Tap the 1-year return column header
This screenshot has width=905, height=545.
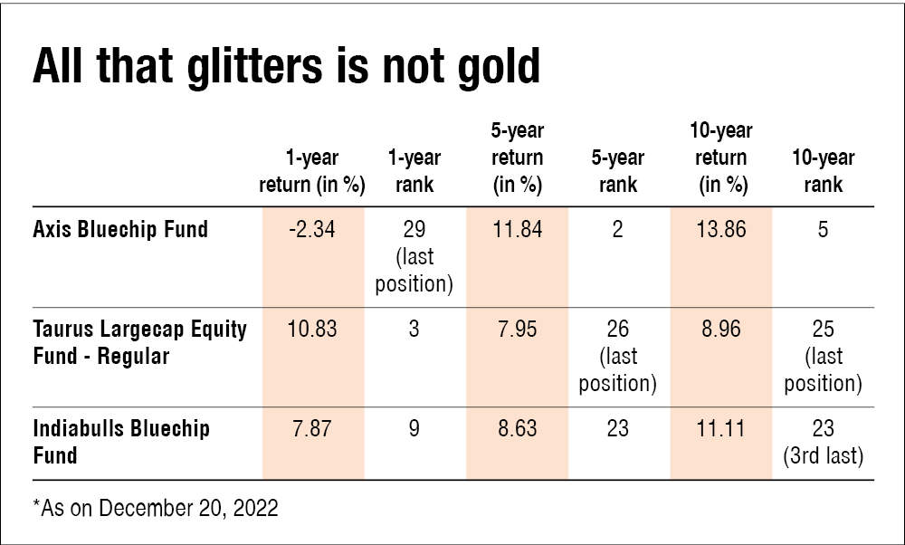[x=311, y=172]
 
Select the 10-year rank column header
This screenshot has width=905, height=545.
[x=823, y=172]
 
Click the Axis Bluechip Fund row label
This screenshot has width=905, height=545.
[x=120, y=229]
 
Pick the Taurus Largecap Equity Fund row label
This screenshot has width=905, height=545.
[x=139, y=341]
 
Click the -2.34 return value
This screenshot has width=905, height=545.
[x=311, y=229]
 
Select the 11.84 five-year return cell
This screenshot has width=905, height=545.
[x=517, y=229]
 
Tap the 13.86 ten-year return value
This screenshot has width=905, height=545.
[x=721, y=229]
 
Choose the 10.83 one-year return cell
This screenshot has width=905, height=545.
[x=311, y=329]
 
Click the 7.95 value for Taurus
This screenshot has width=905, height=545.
[x=517, y=329]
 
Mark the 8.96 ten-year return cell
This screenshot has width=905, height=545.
[x=721, y=329]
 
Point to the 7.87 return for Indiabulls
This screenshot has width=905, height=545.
[x=311, y=427]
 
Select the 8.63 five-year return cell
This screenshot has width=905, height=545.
[x=517, y=427]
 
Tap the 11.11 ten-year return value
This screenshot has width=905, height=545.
[x=721, y=427]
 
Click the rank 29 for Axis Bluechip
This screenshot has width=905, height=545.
[x=414, y=229]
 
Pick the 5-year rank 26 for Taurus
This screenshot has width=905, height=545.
[x=618, y=329]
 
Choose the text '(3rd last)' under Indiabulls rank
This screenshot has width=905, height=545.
[x=823, y=456]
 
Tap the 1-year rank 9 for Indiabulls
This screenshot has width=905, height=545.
[x=414, y=427]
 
